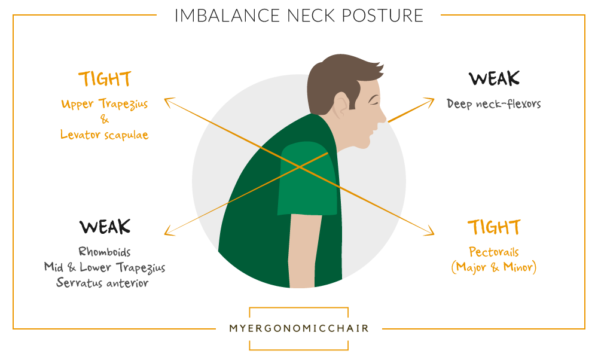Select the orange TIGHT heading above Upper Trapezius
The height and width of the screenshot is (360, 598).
pyautogui.click(x=105, y=80)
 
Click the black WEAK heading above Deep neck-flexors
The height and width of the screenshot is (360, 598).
pyautogui.click(x=495, y=78)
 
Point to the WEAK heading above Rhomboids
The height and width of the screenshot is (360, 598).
pyautogui.click(x=105, y=227)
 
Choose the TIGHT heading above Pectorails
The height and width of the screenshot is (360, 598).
pyautogui.click(x=495, y=227)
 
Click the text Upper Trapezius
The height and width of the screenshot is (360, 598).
pyautogui.click(x=105, y=104)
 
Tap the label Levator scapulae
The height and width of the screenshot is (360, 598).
pyautogui.click(x=105, y=135)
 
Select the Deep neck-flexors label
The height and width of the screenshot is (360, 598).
pyautogui.click(x=494, y=103)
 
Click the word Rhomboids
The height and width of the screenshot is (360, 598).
pyautogui.click(x=105, y=252)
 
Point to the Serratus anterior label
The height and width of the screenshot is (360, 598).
pyautogui.click(x=102, y=283)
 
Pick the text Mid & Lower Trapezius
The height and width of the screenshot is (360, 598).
pyautogui.click(x=105, y=267)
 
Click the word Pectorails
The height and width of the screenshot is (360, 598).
pyautogui.click(x=494, y=252)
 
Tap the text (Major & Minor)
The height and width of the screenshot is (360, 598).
pyautogui.click(x=494, y=267)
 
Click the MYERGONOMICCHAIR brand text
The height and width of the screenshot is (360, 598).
pyautogui.click(x=299, y=328)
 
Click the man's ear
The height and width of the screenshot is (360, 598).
pyautogui.click(x=341, y=105)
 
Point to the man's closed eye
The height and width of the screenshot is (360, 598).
pyautogui.click(x=373, y=102)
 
